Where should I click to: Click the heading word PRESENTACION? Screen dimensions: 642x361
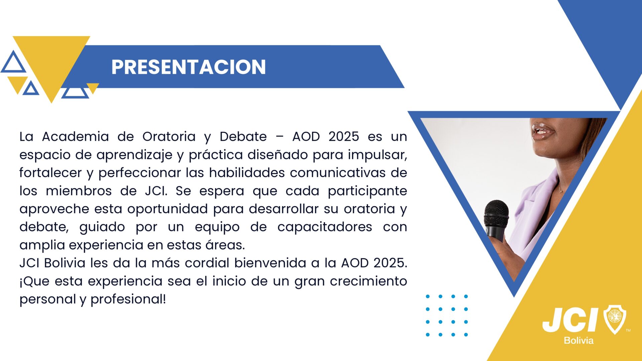point(189,67)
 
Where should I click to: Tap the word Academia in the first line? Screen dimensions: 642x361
point(76,136)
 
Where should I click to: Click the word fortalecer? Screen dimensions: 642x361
point(50,172)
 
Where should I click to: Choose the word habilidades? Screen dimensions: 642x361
point(247,172)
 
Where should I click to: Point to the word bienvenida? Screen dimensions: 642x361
point(270,263)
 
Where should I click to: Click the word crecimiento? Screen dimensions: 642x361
point(368,281)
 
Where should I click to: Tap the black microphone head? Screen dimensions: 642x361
point(496,213)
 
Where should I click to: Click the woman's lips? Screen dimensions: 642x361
point(542,131)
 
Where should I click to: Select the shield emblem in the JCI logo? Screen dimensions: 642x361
point(615,319)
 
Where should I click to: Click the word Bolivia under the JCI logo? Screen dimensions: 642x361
point(578,341)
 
